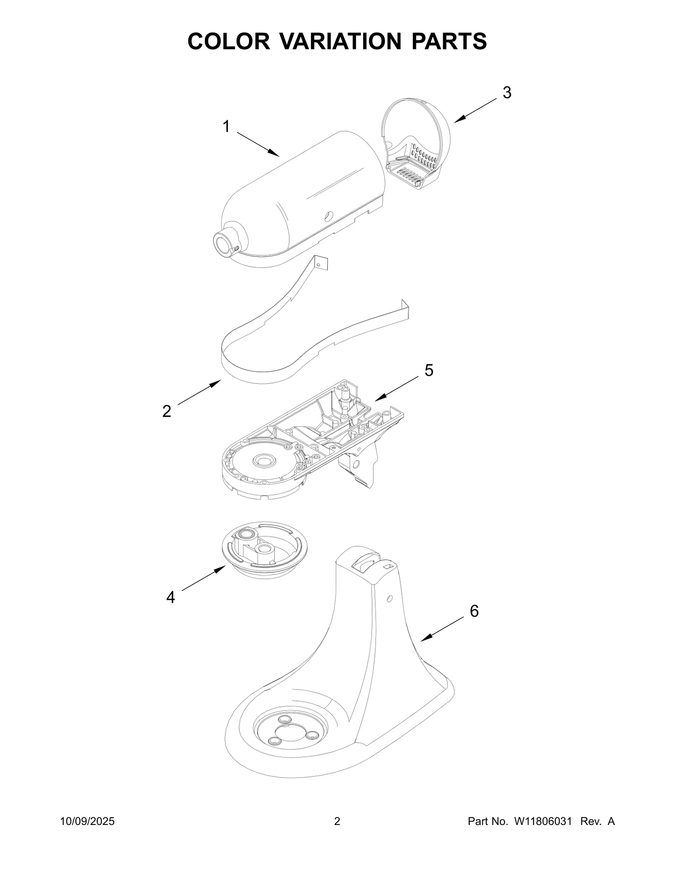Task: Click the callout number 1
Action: click(226, 126)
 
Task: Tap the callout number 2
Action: click(167, 411)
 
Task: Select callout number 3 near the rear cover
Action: click(507, 93)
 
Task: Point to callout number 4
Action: click(170, 597)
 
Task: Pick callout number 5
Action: click(428, 371)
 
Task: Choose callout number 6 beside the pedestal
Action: click(474, 611)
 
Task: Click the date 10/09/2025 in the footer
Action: click(87, 833)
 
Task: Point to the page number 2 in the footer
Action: click(337, 833)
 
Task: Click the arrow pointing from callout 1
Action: click(258, 144)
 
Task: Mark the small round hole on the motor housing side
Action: click(328, 215)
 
